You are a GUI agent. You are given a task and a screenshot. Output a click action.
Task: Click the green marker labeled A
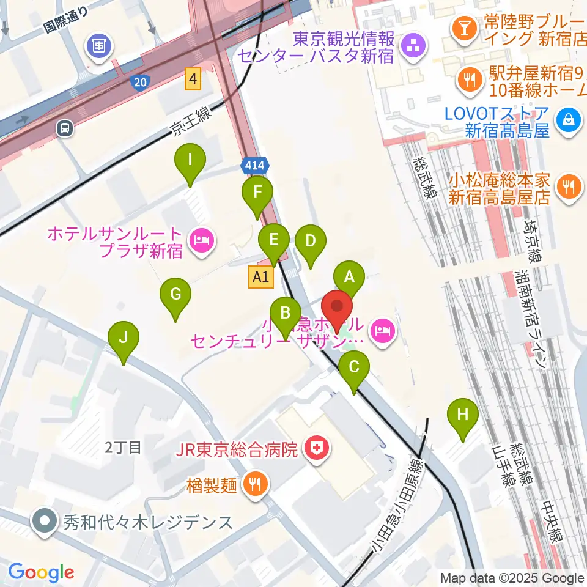coord(349,277)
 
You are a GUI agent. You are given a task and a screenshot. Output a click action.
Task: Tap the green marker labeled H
coord(463,415)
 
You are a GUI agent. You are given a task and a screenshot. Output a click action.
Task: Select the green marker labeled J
coord(124,338)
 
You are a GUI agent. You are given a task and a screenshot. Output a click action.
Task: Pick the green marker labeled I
coord(190,160)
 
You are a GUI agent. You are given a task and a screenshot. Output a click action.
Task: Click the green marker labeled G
coord(175,295)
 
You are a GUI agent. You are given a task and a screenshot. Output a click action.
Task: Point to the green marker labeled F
coord(257,192)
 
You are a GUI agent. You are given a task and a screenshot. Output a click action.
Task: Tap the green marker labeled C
coord(354,367)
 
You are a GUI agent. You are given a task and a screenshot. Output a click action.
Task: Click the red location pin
coord(336,306)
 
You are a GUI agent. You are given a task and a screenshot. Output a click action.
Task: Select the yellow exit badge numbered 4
coord(194,79)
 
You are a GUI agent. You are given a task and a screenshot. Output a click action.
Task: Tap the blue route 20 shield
coord(139,81)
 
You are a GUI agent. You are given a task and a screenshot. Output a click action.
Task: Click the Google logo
coord(41,572)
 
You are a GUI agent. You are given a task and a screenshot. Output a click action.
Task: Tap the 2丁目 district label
coord(123,447)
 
